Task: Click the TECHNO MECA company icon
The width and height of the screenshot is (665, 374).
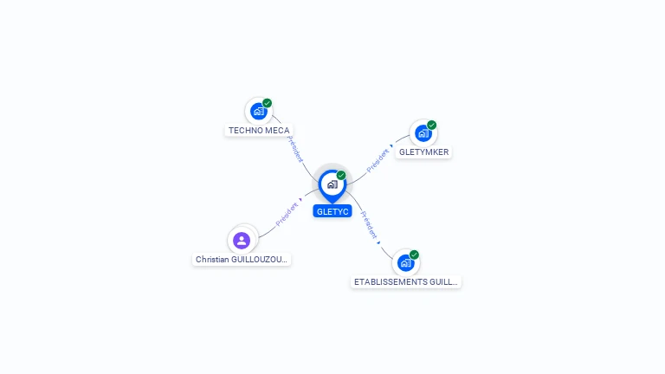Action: (258, 111)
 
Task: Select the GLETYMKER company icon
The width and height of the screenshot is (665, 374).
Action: (423, 133)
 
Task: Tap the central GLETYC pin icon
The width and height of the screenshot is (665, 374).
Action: (332, 184)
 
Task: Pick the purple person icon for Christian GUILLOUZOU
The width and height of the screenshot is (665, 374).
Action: (242, 240)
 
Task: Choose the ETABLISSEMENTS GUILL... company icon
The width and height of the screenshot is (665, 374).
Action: (405, 263)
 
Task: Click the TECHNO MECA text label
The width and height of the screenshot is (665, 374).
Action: (259, 131)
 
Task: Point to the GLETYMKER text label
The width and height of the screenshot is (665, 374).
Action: (424, 152)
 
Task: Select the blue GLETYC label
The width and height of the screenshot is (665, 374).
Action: (332, 211)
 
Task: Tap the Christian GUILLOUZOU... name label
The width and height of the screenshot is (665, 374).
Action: (242, 260)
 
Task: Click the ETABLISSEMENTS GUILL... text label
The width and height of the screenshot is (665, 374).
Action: (406, 282)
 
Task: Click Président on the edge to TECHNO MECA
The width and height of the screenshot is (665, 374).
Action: (295, 149)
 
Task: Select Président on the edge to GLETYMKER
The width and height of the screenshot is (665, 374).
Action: (378, 160)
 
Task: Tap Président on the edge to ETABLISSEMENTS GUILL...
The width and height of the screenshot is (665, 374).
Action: (369, 224)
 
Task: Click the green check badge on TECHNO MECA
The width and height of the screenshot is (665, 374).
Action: (268, 103)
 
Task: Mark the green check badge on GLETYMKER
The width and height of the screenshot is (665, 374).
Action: (432, 125)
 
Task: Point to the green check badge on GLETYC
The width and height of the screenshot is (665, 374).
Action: (341, 175)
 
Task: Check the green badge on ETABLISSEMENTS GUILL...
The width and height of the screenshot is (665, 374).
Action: (415, 255)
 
